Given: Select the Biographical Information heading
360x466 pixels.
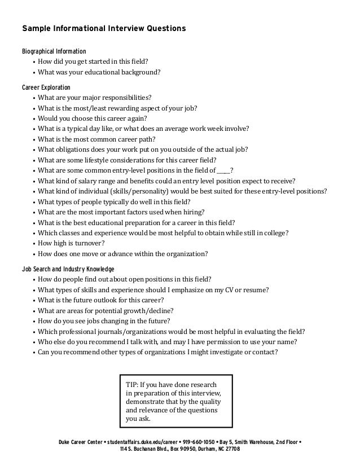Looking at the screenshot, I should point(54,51).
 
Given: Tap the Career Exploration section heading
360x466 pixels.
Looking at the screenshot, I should point(46,87).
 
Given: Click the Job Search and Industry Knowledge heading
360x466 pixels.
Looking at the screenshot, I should point(68,269).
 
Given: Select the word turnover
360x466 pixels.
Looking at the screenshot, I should point(86,243).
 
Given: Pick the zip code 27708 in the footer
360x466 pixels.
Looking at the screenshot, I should point(231,450).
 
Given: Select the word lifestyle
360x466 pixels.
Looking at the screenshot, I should point(92,160).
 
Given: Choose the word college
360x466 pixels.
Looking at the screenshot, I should point(275,233).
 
